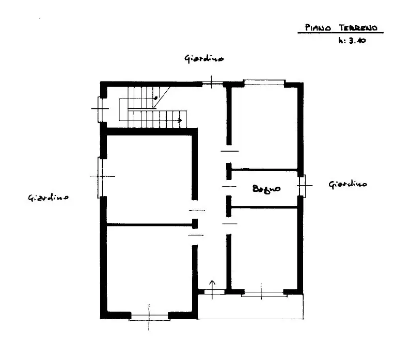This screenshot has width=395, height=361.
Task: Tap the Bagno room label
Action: point(266,189)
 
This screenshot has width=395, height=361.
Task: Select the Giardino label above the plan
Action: point(204,59)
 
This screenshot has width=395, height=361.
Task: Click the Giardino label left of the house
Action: point(49,198)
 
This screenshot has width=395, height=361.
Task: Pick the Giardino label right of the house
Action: point(348,184)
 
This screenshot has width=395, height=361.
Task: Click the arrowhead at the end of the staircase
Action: point(180,121)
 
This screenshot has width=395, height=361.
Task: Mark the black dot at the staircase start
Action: point(156,97)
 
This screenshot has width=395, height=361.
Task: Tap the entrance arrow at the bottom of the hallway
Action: point(212,285)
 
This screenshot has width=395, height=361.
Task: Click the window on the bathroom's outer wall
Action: point(302,185)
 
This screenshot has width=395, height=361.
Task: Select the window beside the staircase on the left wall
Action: point(101,109)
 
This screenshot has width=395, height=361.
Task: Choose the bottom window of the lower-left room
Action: point(149,316)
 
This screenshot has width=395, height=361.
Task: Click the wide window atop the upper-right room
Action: point(264,82)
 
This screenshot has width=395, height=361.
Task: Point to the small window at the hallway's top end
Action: point(212,83)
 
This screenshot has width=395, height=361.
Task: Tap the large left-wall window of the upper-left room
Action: point(101,176)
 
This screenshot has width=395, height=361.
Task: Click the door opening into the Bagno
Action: point(228,185)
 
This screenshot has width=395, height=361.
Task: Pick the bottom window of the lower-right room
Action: point(263,293)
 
